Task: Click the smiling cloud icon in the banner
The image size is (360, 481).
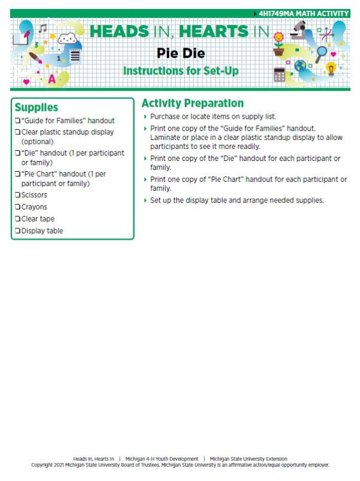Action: pos(70,40)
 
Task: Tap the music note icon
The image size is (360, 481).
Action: pos(43,28)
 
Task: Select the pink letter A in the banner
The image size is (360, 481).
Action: pos(52,78)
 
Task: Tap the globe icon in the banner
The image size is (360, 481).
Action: pos(300,66)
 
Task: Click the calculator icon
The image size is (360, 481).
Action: pos(279,74)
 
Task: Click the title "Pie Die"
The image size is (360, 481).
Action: pos(181,53)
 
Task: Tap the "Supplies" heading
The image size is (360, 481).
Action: pos(36,107)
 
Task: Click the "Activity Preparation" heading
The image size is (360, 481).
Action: pos(192,103)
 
